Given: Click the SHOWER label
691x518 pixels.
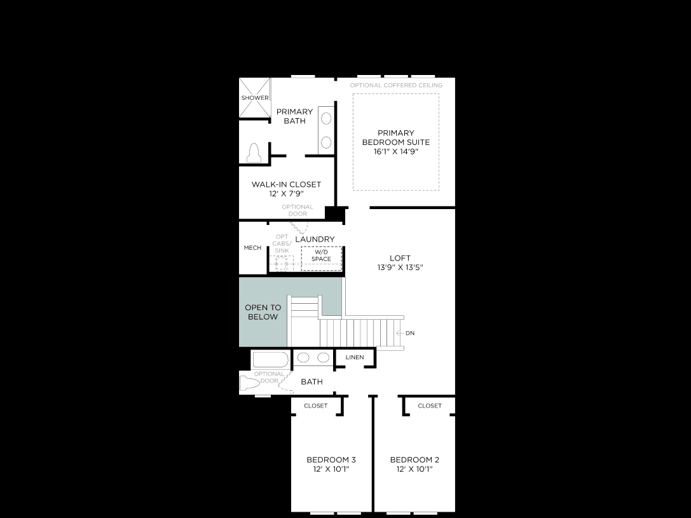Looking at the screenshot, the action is click(255, 98).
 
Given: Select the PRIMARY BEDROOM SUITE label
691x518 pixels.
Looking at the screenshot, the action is click(396, 137).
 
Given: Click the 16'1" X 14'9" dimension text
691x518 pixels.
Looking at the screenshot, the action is click(396, 151).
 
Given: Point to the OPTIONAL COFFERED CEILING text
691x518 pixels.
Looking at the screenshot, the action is click(396, 85).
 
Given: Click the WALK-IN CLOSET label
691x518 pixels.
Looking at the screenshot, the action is click(287, 184).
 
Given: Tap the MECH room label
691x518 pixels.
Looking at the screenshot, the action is click(252, 248).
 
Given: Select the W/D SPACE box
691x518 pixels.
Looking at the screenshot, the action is click(322, 258).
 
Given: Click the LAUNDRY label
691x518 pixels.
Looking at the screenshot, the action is click(315, 239).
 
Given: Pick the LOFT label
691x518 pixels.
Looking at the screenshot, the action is click(400, 258).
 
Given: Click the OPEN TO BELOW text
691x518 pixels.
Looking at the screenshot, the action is click(263, 312).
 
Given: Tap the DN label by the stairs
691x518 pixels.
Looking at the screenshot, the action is click(410, 333).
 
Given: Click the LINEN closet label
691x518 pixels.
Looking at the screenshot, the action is click(355, 357).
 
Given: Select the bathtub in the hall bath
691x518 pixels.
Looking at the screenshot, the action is click(270, 360).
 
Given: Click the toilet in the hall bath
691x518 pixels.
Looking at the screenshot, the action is click(249, 383).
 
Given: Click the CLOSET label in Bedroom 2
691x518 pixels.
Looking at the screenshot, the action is click(430, 406).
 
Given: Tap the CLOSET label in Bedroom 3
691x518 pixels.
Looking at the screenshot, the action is click(315, 406).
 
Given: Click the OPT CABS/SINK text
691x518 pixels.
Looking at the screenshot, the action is click(282, 243).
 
